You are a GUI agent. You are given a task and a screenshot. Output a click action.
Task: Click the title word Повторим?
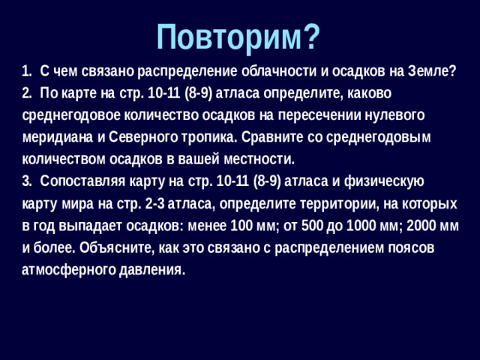coord(239,34)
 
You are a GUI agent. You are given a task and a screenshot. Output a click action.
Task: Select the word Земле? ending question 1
coord(432,72)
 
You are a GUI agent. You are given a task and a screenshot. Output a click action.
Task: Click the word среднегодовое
coord(66,116)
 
